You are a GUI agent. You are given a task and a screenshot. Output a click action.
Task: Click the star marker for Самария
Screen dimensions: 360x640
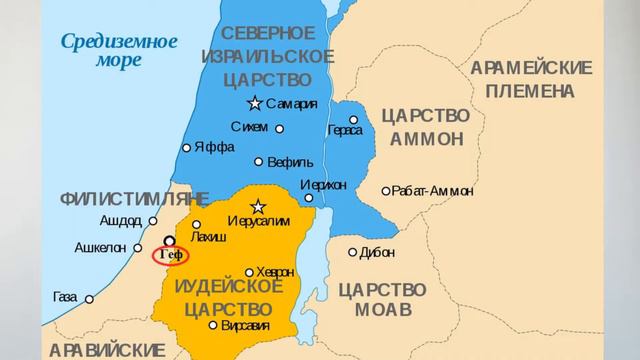[255, 103]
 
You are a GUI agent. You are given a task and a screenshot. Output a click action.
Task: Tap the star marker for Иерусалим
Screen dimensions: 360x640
[257, 206]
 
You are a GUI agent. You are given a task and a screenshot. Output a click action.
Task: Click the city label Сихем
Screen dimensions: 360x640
[249, 127]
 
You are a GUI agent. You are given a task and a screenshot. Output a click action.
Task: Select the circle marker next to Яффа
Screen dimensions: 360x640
[186, 148]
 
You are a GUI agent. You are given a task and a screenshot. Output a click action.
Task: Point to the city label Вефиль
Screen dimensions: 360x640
[291, 162]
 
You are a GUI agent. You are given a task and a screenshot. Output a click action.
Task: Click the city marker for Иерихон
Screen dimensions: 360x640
[309, 197]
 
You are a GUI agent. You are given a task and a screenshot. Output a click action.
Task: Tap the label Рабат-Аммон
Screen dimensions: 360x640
[433, 190]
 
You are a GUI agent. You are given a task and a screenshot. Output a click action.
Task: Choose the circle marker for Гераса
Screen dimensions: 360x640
[353, 120]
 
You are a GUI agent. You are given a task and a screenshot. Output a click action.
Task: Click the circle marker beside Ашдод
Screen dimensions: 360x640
[153, 221]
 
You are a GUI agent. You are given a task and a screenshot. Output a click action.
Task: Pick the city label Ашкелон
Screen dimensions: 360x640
[100, 247]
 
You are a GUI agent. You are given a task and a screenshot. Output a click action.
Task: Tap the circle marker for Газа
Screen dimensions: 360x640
[89, 298]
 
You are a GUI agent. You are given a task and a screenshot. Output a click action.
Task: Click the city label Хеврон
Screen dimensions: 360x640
[275, 272]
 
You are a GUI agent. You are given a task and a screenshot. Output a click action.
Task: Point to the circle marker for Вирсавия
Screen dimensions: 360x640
[213, 325]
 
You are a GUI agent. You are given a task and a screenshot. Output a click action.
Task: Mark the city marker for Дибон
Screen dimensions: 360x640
[352, 252]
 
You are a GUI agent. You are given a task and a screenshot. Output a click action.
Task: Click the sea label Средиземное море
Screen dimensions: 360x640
[119, 50]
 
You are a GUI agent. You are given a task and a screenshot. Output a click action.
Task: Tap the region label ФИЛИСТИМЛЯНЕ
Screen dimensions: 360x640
[134, 196]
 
